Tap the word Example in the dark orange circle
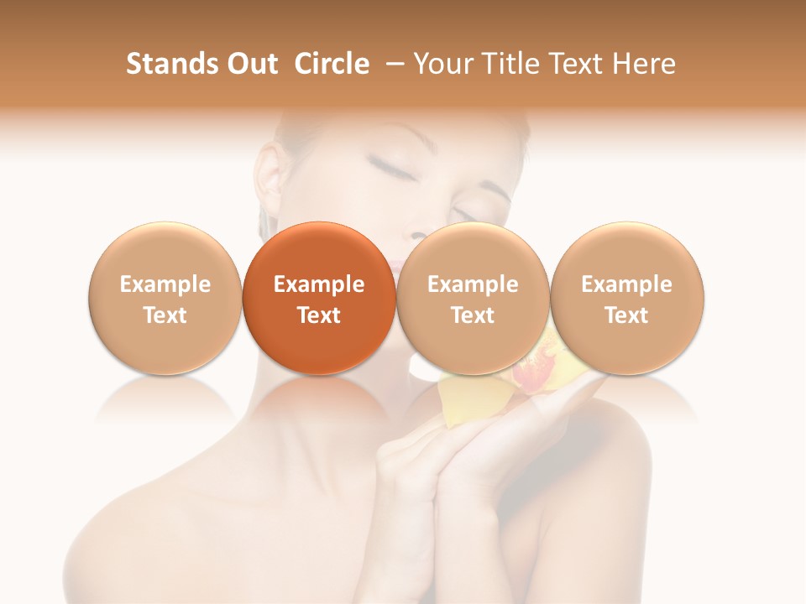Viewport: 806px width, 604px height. coord(319,284)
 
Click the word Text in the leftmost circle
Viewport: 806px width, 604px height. coord(165,315)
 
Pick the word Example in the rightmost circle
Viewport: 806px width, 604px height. coord(627,284)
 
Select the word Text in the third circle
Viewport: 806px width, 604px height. coord(473,315)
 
